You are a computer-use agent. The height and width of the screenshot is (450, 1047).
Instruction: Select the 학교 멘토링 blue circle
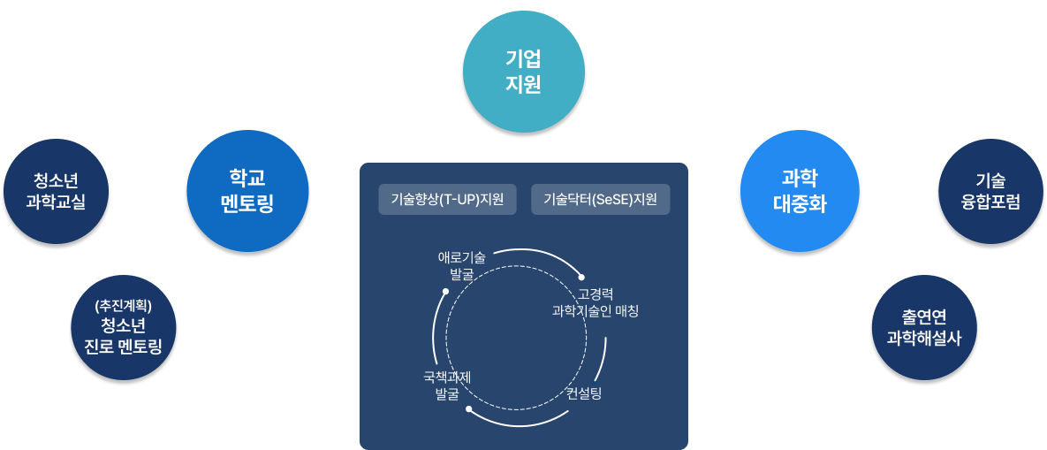[x=247, y=191]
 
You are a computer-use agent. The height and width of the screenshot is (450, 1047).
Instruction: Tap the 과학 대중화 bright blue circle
[x=800, y=191]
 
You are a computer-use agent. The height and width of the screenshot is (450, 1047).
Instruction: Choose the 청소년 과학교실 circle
[x=57, y=191]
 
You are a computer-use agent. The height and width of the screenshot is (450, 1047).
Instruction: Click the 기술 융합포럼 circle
[x=990, y=191]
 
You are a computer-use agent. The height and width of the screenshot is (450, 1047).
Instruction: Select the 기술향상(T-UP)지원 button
[x=447, y=199]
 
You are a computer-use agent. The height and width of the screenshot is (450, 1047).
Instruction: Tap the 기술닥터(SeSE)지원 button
[x=601, y=199]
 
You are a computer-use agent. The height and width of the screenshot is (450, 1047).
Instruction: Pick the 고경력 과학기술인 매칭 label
[x=595, y=302]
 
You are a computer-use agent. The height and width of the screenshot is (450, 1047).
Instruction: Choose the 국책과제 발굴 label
[x=447, y=385]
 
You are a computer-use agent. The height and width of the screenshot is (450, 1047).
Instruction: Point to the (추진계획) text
[x=124, y=306]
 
